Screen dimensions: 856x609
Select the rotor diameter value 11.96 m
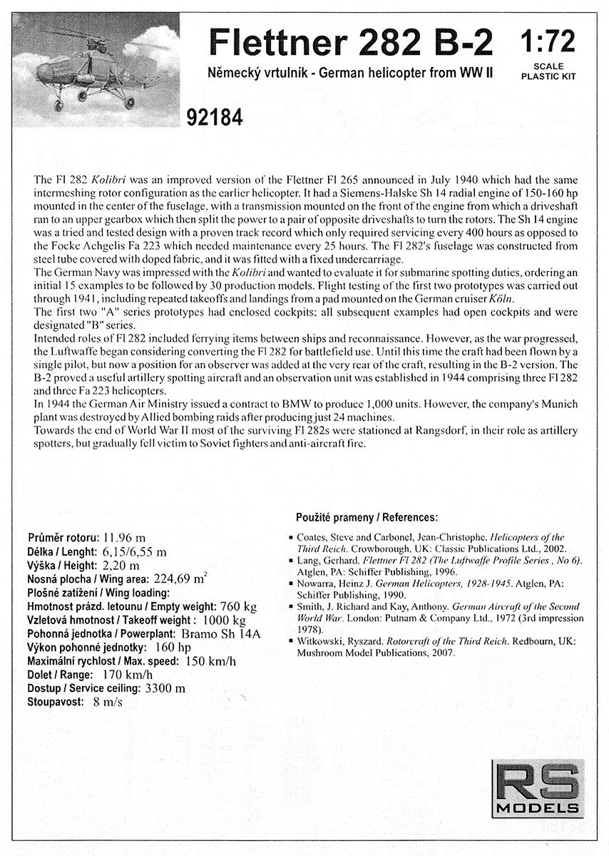click(125, 537)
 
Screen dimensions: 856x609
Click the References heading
click(403, 516)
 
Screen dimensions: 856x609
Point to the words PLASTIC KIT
click(549, 73)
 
